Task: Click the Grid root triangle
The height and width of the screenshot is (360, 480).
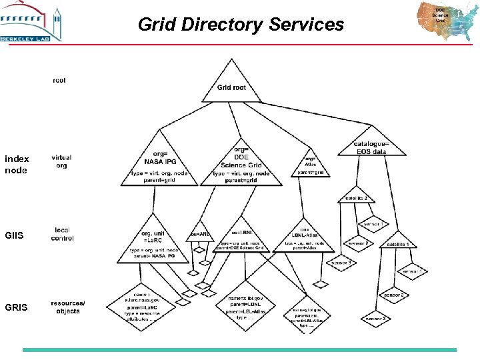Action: (231, 85)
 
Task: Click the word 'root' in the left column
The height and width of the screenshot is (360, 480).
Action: (59, 80)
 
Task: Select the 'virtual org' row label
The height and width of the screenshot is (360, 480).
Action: (61, 161)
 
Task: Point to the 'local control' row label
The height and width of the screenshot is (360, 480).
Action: (62, 234)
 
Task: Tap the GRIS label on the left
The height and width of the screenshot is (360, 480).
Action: (16, 307)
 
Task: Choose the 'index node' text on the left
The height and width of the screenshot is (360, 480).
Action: (16, 165)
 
